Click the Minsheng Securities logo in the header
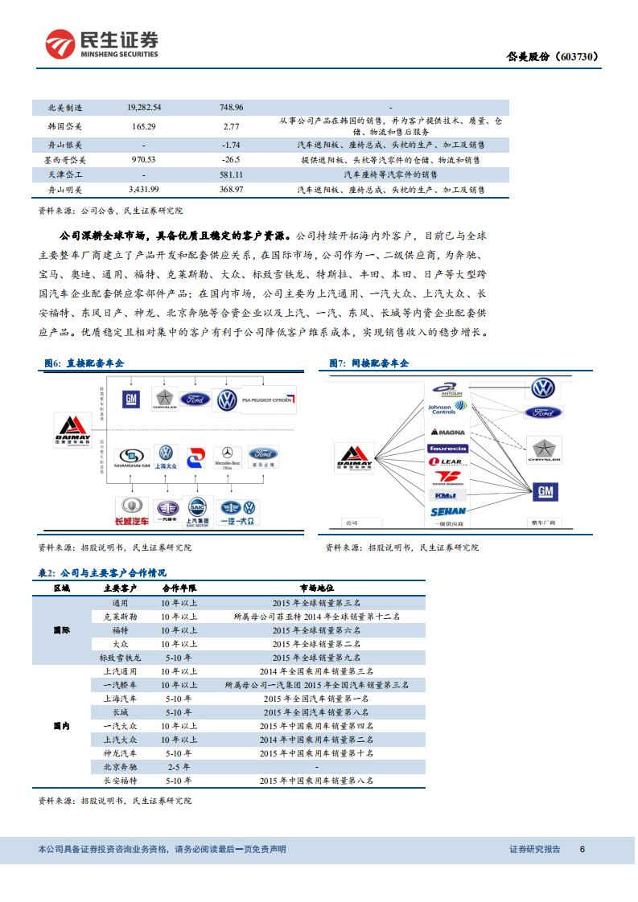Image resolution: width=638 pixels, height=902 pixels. tap(101, 45)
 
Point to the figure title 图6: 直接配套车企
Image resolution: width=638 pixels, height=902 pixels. tap(84, 363)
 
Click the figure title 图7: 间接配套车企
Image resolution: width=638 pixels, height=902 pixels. tap(369, 363)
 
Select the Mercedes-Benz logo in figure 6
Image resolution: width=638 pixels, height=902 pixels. tap(228, 457)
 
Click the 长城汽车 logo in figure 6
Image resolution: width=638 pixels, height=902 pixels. tap(129, 510)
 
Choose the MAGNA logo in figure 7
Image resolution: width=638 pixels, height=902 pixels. tap(447, 433)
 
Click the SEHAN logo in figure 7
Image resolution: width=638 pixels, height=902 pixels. tap(447, 511)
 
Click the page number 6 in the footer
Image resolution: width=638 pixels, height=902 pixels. tap(582, 849)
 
